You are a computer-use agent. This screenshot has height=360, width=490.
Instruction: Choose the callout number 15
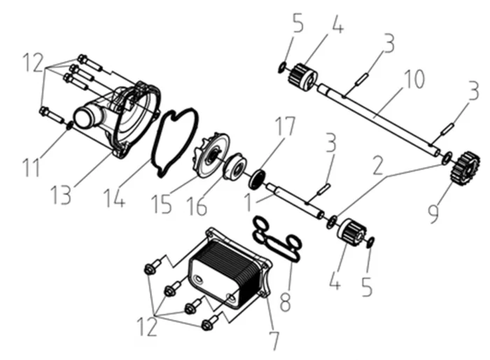[162, 203]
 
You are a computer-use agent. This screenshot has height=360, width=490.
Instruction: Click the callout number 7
[274, 340]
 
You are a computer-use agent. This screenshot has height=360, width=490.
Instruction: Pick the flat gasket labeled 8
[277, 239]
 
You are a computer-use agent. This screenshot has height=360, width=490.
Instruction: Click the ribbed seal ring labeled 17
[260, 178]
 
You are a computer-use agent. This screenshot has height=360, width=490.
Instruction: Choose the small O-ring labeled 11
[69, 125]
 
